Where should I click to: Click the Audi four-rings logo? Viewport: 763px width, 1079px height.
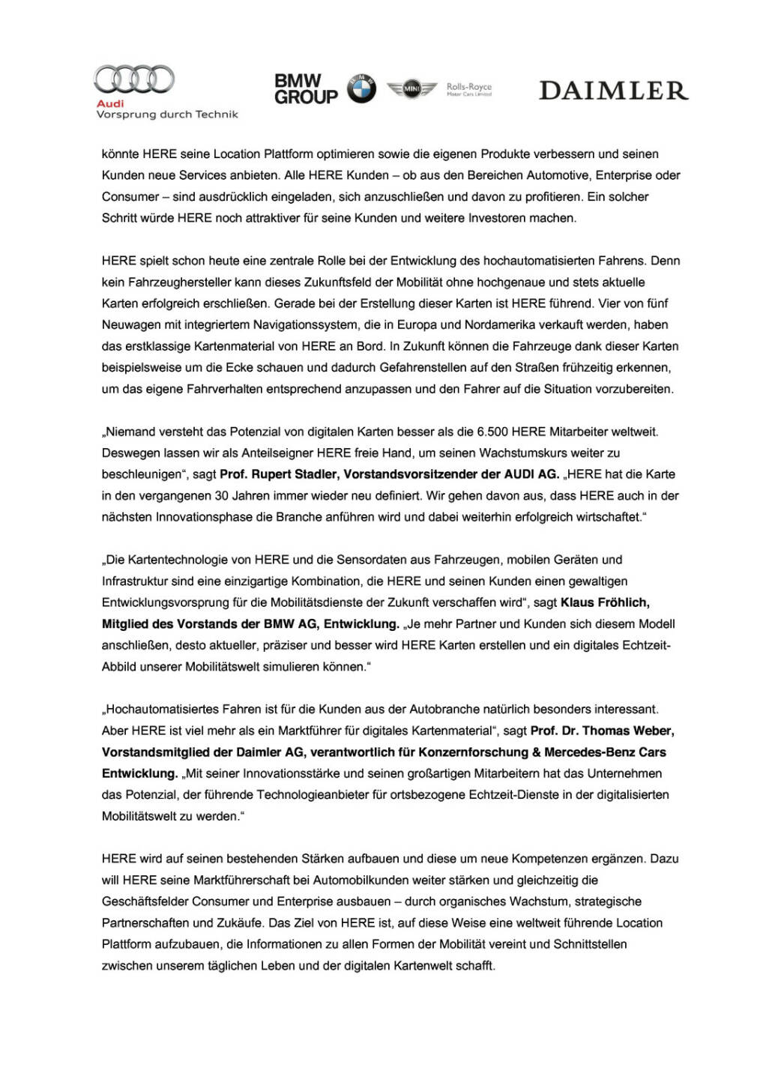tap(134, 79)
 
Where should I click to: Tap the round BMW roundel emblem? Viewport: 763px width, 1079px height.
tap(361, 89)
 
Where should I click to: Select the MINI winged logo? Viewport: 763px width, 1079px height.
tap(411, 89)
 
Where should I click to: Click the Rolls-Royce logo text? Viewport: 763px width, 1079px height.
tap(469, 89)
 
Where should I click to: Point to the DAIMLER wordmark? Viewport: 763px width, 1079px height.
tap(613, 91)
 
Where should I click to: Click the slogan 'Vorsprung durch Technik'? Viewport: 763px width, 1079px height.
tap(167, 115)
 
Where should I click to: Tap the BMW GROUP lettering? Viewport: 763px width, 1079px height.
tap(306, 89)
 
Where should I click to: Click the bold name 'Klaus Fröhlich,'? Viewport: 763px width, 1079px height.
tap(605, 602)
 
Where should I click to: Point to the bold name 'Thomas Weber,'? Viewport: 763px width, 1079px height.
tap(628, 731)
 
